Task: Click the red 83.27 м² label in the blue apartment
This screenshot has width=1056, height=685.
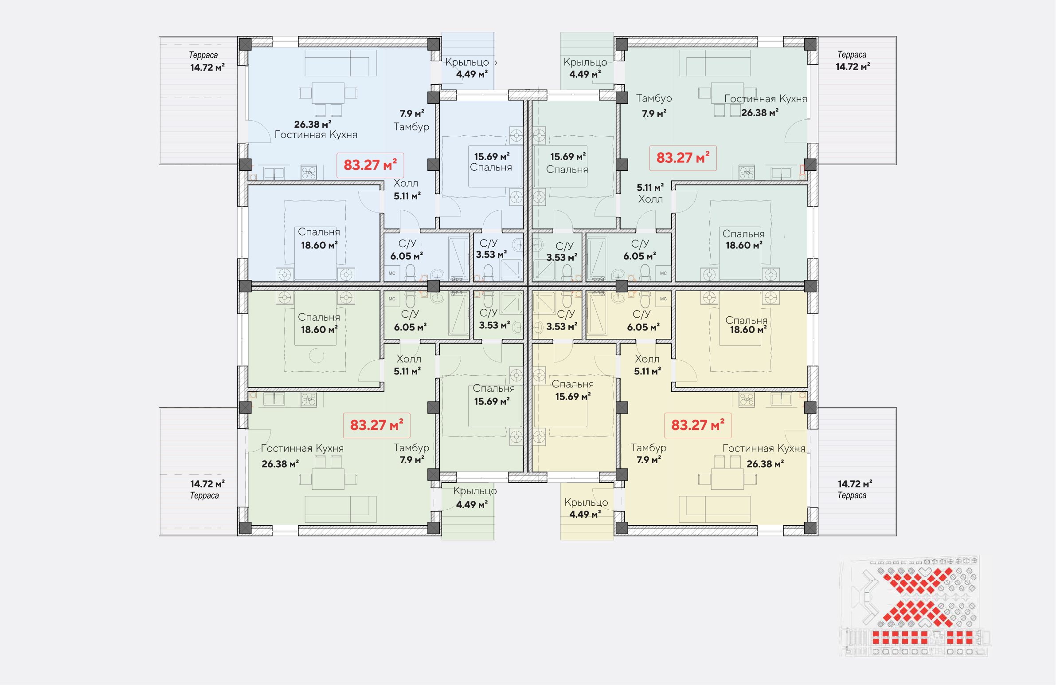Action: click(370, 165)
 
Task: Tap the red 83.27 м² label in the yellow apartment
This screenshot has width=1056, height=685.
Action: click(697, 425)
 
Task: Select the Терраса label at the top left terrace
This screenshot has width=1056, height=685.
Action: click(203, 55)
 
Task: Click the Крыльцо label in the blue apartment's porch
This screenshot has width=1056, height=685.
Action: click(467, 62)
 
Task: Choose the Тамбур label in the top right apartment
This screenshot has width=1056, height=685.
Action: click(654, 98)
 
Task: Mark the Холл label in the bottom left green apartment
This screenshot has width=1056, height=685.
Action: click(409, 359)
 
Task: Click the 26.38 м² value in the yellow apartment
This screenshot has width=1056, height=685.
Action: click(765, 464)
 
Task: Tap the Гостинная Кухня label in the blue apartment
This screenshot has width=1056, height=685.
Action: click(316, 134)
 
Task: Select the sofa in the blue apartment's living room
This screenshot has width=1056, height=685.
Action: click(341, 63)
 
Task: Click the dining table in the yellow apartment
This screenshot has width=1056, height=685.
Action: click(727, 479)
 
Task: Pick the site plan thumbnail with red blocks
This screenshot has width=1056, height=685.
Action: click(915, 606)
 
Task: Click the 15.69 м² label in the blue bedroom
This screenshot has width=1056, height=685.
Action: click(492, 157)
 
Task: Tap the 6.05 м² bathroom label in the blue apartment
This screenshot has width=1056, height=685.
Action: click(407, 256)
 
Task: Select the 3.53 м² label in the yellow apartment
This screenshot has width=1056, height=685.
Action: click(562, 326)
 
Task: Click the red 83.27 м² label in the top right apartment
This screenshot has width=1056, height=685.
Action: click(683, 158)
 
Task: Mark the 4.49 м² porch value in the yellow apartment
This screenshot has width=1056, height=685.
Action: click(585, 514)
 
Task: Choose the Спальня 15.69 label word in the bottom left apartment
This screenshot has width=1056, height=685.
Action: click(493, 389)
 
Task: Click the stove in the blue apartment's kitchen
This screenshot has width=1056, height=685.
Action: click(309, 172)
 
